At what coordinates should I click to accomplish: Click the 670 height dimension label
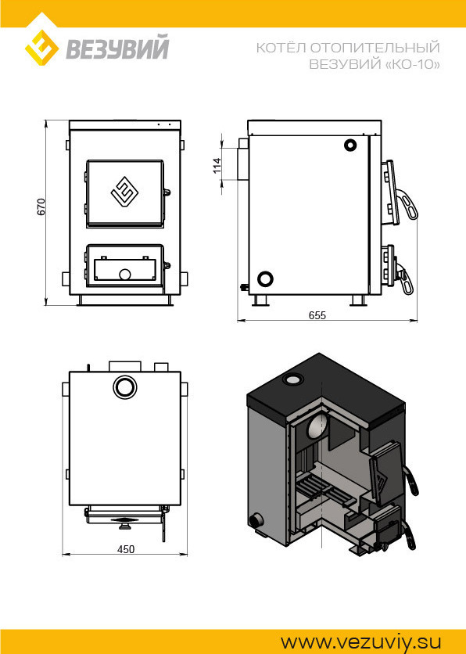point(41,207)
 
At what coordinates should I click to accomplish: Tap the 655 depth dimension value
point(317,315)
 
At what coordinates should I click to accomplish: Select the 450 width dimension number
point(125,549)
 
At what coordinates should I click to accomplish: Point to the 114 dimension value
point(217,166)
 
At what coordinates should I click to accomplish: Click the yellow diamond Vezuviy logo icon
point(41,48)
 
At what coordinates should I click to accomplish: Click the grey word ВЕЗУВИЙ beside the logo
point(117,48)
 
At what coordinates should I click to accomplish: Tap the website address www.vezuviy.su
point(360,642)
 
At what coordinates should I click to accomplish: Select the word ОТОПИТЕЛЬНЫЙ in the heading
point(375,48)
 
